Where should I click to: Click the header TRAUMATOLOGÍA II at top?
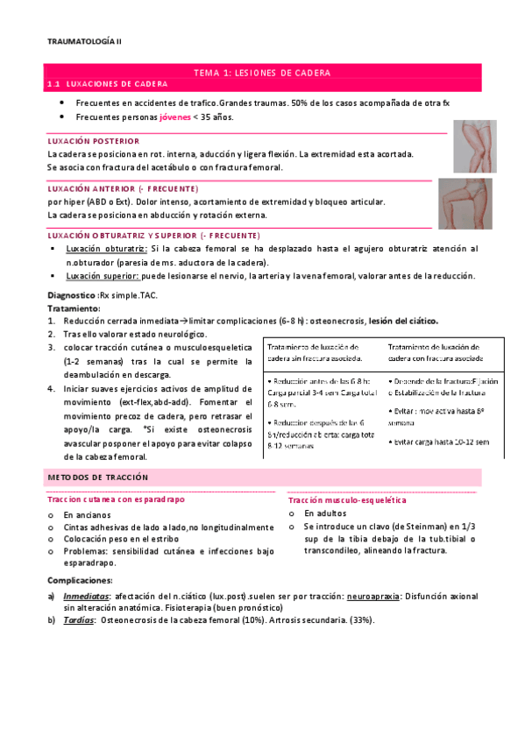(x=85, y=41)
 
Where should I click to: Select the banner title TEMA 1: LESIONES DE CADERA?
(x=261, y=73)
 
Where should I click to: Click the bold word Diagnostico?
(x=72, y=296)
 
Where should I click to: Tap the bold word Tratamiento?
(x=74, y=309)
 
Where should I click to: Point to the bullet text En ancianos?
(x=87, y=514)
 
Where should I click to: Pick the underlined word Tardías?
(x=78, y=619)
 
